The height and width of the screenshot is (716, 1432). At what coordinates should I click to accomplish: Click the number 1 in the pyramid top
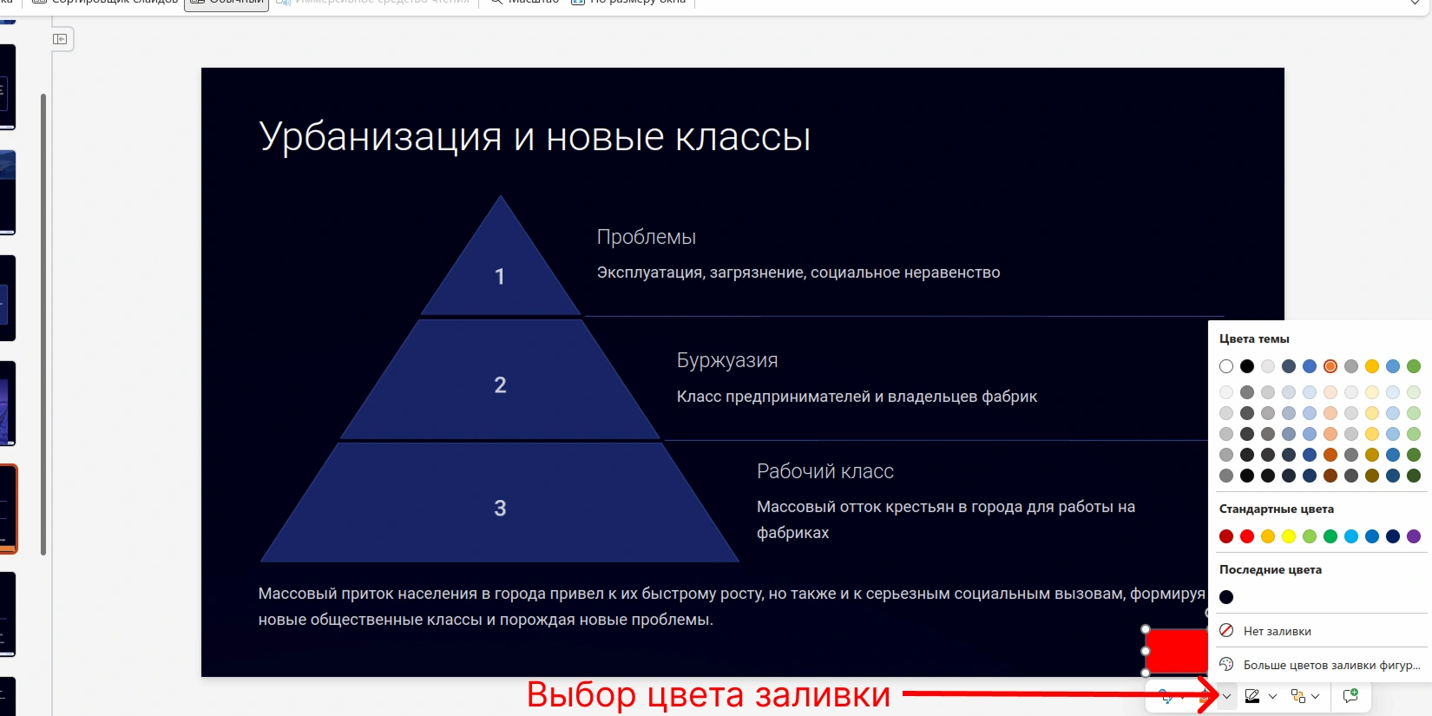[500, 277]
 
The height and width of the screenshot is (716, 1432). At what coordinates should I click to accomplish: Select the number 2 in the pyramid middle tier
[500, 385]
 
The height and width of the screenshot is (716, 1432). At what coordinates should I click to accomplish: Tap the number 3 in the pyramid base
[500, 509]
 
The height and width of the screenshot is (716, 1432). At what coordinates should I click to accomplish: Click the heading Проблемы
[646, 237]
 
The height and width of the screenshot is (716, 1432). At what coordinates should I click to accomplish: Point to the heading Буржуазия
[726, 360]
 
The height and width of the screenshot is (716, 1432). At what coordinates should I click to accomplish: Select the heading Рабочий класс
[824, 471]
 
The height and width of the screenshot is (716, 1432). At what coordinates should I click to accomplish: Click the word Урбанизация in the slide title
[380, 137]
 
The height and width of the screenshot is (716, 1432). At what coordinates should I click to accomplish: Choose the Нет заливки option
[1277, 631]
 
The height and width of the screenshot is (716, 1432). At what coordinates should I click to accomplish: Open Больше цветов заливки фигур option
[1330, 665]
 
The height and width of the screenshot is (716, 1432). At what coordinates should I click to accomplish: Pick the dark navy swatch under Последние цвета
[1226, 597]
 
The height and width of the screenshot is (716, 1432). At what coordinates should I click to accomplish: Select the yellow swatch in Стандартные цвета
[1289, 536]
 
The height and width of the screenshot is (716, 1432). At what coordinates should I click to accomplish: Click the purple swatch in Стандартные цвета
[1414, 536]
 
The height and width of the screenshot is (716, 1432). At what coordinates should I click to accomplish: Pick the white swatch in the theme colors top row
[1226, 366]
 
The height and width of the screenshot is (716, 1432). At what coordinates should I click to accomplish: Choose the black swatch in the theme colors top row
[1247, 366]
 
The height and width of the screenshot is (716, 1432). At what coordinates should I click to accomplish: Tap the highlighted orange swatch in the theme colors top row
[1330, 366]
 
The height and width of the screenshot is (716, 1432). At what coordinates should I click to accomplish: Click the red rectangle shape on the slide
[1176, 651]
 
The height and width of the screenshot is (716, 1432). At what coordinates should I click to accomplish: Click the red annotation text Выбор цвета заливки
[708, 695]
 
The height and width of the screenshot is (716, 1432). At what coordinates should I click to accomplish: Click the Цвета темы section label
[1254, 338]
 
